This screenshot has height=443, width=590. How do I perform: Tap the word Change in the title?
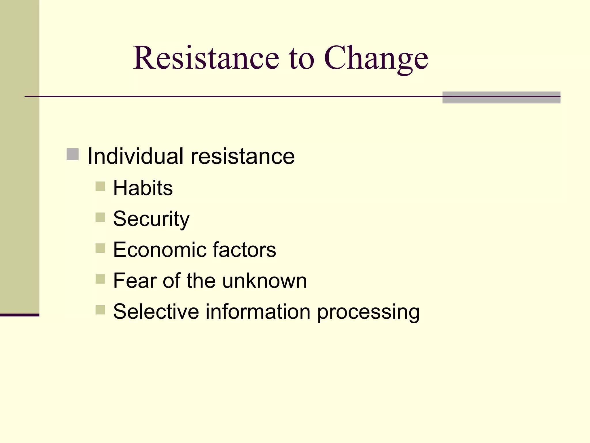[x=376, y=59]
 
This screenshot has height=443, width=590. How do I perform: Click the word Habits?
[x=143, y=188]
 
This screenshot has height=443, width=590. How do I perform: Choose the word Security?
[x=151, y=219]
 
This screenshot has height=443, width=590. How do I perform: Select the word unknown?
[x=264, y=281]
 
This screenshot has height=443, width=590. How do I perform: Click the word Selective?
[x=156, y=311]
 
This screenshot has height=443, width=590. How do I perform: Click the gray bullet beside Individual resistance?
[x=73, y=154]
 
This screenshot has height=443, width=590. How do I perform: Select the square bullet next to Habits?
[x=100, y=186]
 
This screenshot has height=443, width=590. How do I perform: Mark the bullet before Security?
[x=100, y=217]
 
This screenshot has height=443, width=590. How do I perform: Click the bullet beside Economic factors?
[x=100, y=248]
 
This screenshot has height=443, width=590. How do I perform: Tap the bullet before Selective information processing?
[x=100, y=310]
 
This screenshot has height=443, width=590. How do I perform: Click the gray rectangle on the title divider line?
[x=501, y=97]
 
